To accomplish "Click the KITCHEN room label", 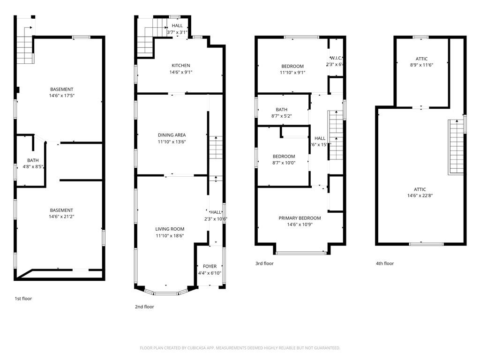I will tap(180, 66).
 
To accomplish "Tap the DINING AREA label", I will tap(172, 135).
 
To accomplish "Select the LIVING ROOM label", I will tap(170, 229).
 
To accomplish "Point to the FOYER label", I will tap(210, 267).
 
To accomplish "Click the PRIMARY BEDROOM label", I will tap(300, 218).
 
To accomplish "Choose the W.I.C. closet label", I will tap(336, 58).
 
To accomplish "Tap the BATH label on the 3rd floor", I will tap(281, 110).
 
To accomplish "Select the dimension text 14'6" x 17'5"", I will tap(62, 96).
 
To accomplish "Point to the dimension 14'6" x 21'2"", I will tap(61, 217).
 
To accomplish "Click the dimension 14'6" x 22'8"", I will tap(420, 196).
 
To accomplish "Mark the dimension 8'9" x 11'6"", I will tap(420, 65).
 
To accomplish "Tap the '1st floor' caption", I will tap(23, 298).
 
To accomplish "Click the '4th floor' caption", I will tap(385, 263).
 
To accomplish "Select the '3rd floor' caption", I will tap(264, 263).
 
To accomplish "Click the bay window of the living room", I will tap(166, 293).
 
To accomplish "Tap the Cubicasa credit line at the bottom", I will tap(240, 348).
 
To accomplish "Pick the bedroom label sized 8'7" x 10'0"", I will tap(284, 157).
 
